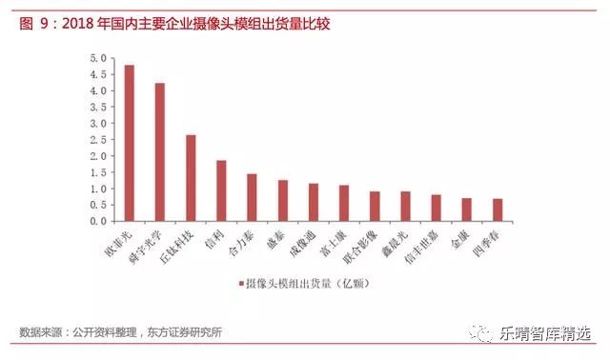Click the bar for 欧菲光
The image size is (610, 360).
pyautogui.click(x=130, y=143)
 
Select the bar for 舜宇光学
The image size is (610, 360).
pyautogui.click(x=160, y=152)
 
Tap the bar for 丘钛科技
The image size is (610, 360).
pyautogui.click(x=191, y=178)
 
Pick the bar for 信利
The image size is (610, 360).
pyautogui.click(x=221, y=190)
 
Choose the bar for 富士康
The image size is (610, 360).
pyautogui.click(x=344, y=203)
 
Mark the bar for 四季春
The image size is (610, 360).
pyautogui.click(x=497, y=210)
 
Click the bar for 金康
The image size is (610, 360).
pyautogui.click(x=466, y=210)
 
